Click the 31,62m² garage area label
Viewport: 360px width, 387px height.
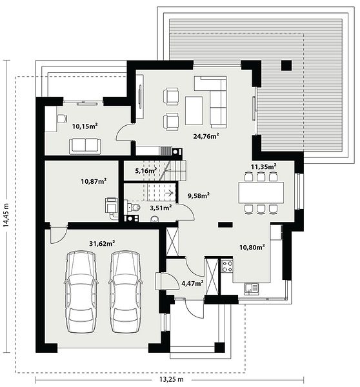[102, 244]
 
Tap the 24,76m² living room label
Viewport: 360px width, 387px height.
[206, 136]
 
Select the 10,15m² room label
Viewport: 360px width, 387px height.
[85, 126]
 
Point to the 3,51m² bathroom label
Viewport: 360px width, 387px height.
[161, 208]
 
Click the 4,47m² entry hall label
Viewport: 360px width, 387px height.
[193, 283]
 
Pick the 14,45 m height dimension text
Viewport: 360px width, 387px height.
[6, 215]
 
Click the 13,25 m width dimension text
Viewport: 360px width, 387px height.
[172, 379]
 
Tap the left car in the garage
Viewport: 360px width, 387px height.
[81, 292]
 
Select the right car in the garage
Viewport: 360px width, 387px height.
[125, 292]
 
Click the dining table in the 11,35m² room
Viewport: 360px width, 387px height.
[261, 192]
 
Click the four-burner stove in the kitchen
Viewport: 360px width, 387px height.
[226, 266]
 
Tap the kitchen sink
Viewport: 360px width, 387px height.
[252, 289]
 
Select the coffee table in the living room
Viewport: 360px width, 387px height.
[194, 110]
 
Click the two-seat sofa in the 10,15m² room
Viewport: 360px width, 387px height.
[85, 146]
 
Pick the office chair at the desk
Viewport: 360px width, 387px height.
[62, 119]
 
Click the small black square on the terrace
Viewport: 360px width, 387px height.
[286, 65]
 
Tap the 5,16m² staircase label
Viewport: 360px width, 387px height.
[146, 170]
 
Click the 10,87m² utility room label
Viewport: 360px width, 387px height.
[94, 181]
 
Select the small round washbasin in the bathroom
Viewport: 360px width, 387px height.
[155, 219]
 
